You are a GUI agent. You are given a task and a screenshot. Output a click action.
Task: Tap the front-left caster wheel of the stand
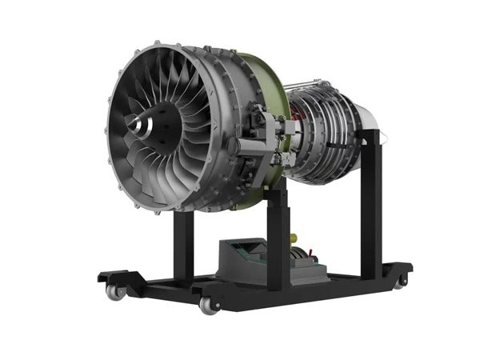pyautogui.click(x=118, y=292)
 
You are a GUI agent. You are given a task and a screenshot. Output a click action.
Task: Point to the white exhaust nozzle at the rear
pyautogui.click(x=370, y=119)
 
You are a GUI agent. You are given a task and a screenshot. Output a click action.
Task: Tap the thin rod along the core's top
pyautogui.click(x=320, y=82)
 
